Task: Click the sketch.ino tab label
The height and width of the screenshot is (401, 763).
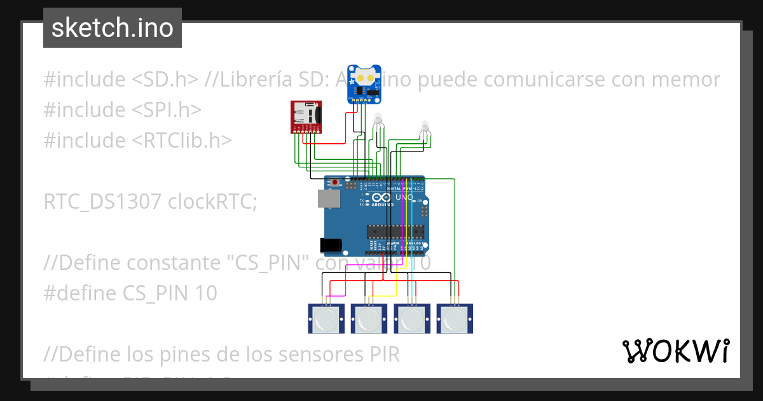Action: tap(113, 28)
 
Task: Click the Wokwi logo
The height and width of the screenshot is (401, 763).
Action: tap(675, 351)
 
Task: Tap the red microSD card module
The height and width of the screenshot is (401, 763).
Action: tap(307, 117)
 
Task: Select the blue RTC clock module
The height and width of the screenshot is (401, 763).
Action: tap(364, 83)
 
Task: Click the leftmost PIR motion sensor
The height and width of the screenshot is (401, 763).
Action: tap(326, 318)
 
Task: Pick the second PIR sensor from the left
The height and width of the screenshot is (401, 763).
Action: tap(369, 318)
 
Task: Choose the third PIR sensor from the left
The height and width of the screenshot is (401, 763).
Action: tap(412, 318)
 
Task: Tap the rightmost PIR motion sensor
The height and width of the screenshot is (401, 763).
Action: tap(455, 318)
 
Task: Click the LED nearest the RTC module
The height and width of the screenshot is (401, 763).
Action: tap(378, 120)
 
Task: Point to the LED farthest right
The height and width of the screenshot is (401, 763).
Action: tap(425, 127)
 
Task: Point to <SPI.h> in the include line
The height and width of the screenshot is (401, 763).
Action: tap(167, 109)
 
